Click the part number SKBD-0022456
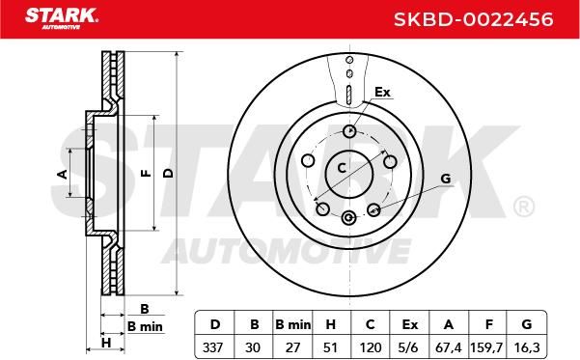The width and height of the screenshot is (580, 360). (x=473, y=19)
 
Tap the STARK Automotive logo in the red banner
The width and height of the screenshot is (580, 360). (x=62, y=18)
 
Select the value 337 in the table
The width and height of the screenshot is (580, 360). (x=213, y=347)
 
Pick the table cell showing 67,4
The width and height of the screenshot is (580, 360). (x=449, y=347)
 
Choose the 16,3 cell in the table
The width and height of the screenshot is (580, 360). (x=527, y=347)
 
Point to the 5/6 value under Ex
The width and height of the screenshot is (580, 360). (x=409, y=347)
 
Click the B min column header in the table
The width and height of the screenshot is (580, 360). (x=293, y=324)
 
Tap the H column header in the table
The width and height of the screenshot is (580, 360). (x=330, y=324)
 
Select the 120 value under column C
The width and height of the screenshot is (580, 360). (x=371, y=347)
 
